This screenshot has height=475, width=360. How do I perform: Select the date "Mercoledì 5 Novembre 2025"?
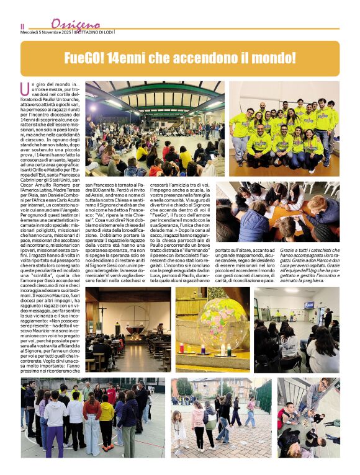(46, 32)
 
